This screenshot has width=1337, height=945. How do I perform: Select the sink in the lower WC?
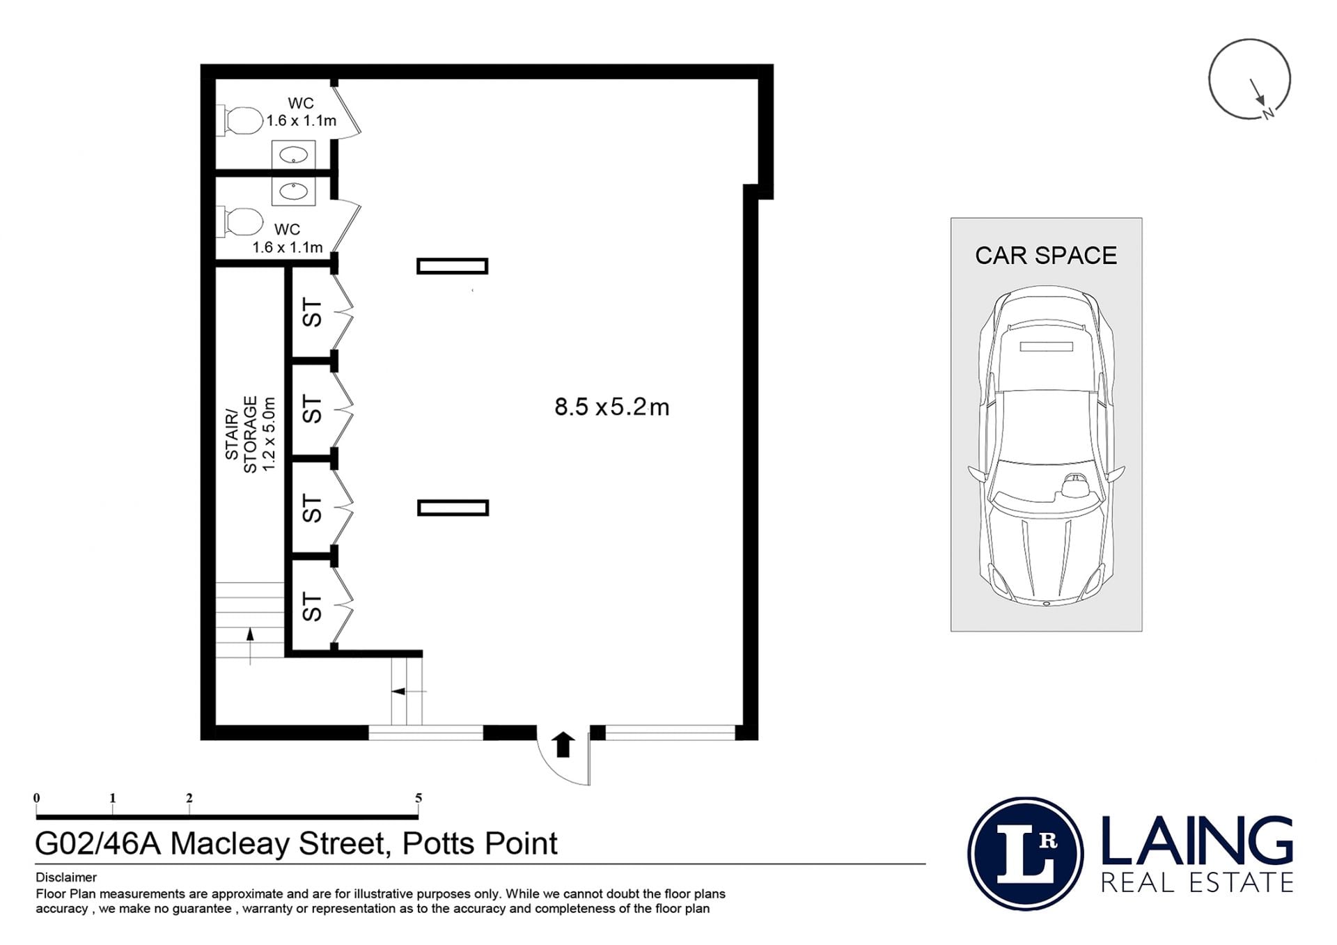[293, 191]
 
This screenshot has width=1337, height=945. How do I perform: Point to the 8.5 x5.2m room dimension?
[611, 407]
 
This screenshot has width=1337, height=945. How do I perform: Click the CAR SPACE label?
[1045, 256]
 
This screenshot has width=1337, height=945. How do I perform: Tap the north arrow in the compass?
[1258, 92]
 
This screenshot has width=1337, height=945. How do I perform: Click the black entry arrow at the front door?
[563, 744]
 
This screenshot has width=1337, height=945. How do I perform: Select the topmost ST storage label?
[313, 313]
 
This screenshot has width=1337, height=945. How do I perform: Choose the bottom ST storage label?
[313, 607]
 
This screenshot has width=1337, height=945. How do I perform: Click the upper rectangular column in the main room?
[452, 266]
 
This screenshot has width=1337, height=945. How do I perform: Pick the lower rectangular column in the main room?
[453, 508]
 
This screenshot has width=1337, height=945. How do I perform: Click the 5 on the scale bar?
[419, 798]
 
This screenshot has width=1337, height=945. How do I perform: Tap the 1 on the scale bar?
[112, 798]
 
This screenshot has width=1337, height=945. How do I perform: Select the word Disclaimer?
[66, 877]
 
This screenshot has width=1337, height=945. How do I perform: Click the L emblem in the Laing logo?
[1025, 854]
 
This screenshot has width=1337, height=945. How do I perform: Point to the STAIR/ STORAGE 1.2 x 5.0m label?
[250, 434]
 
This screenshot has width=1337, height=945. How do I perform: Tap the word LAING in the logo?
[1196, 841]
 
